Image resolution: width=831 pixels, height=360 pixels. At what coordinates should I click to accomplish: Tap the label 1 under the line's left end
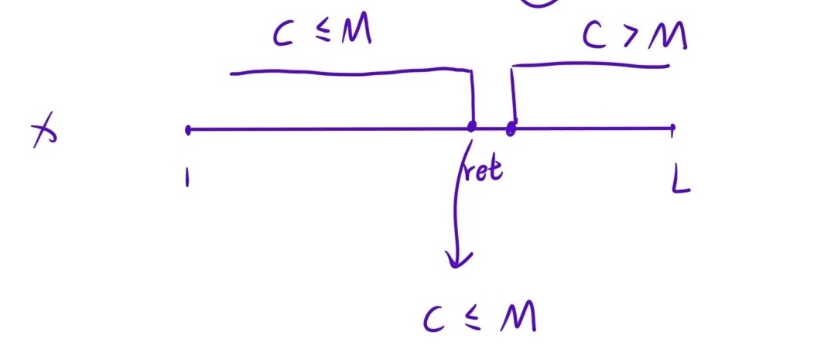point(186,180)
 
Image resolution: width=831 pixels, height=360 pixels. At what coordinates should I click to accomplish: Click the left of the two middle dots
point(472,126)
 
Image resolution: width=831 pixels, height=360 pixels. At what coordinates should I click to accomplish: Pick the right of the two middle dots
point(511,129)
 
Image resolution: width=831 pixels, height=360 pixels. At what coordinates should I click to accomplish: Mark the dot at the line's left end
point(188,130)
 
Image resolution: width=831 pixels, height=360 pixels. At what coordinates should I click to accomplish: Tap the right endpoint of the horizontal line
point(672,127)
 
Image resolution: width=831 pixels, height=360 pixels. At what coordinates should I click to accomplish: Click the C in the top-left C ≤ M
point(283,34)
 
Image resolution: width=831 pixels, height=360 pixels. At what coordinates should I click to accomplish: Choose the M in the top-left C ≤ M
point(355,32)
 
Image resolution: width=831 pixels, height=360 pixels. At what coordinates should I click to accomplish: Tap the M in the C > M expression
point(668,36)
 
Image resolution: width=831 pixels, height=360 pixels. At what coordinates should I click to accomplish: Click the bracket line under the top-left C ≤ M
point(348,73)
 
